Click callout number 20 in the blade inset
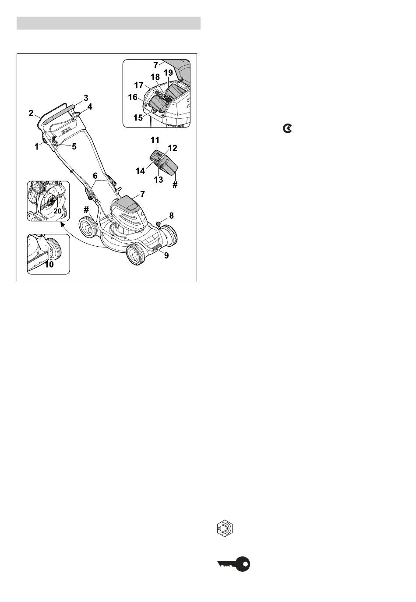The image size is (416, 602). tap(57, 211)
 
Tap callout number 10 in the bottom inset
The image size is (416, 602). tap(49, 265)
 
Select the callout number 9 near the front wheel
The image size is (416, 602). tap(166, 255)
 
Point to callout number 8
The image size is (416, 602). tap(171, 216)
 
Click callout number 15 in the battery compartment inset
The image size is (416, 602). tap(138, 118)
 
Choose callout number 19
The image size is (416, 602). tap(169, 73)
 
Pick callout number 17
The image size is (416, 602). tap(139, 85)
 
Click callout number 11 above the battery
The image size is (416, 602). tap(155, 140)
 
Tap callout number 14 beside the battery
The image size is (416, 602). tap(141, 171)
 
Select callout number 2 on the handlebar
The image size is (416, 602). tap(31, 113)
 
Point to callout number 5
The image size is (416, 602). tap(74, 146)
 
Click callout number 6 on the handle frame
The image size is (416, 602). tap(95, 176)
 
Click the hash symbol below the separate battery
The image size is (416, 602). tap(175, 184)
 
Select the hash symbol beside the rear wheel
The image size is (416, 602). tap(86, 210)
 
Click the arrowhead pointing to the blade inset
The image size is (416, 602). tap(62, 224)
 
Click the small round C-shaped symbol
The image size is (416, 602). tap(287, 129)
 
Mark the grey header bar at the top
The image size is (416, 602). tap(109, 23)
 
